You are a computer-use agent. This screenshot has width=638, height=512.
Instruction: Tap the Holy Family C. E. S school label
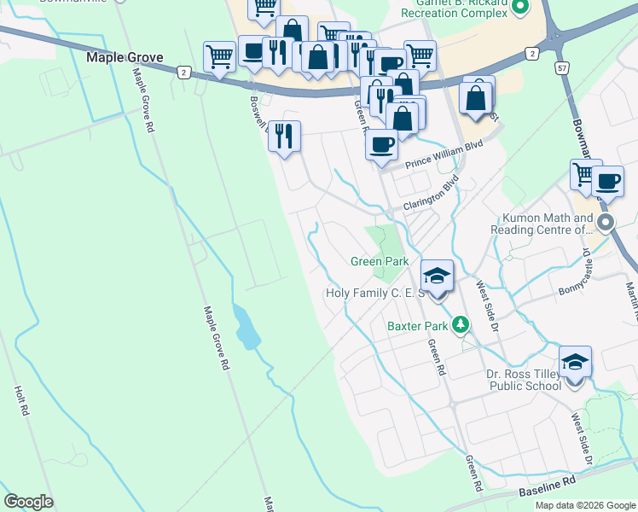pos(375,293)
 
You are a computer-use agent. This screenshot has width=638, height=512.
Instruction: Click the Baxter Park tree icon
pos(461,324)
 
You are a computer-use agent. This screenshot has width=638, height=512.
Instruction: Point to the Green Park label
pos(380,261)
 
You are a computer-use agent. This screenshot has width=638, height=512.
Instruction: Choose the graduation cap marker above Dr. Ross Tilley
pos(576,362)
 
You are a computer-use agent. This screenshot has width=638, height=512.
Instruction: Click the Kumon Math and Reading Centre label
pos(542,224)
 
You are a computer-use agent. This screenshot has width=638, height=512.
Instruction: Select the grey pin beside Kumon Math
pos(606,224)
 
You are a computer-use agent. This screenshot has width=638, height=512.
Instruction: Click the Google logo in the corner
pos(28,502)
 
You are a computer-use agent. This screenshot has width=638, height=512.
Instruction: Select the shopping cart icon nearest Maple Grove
pos(219,57)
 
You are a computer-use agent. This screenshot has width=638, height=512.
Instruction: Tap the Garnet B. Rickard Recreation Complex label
pos(455,9)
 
